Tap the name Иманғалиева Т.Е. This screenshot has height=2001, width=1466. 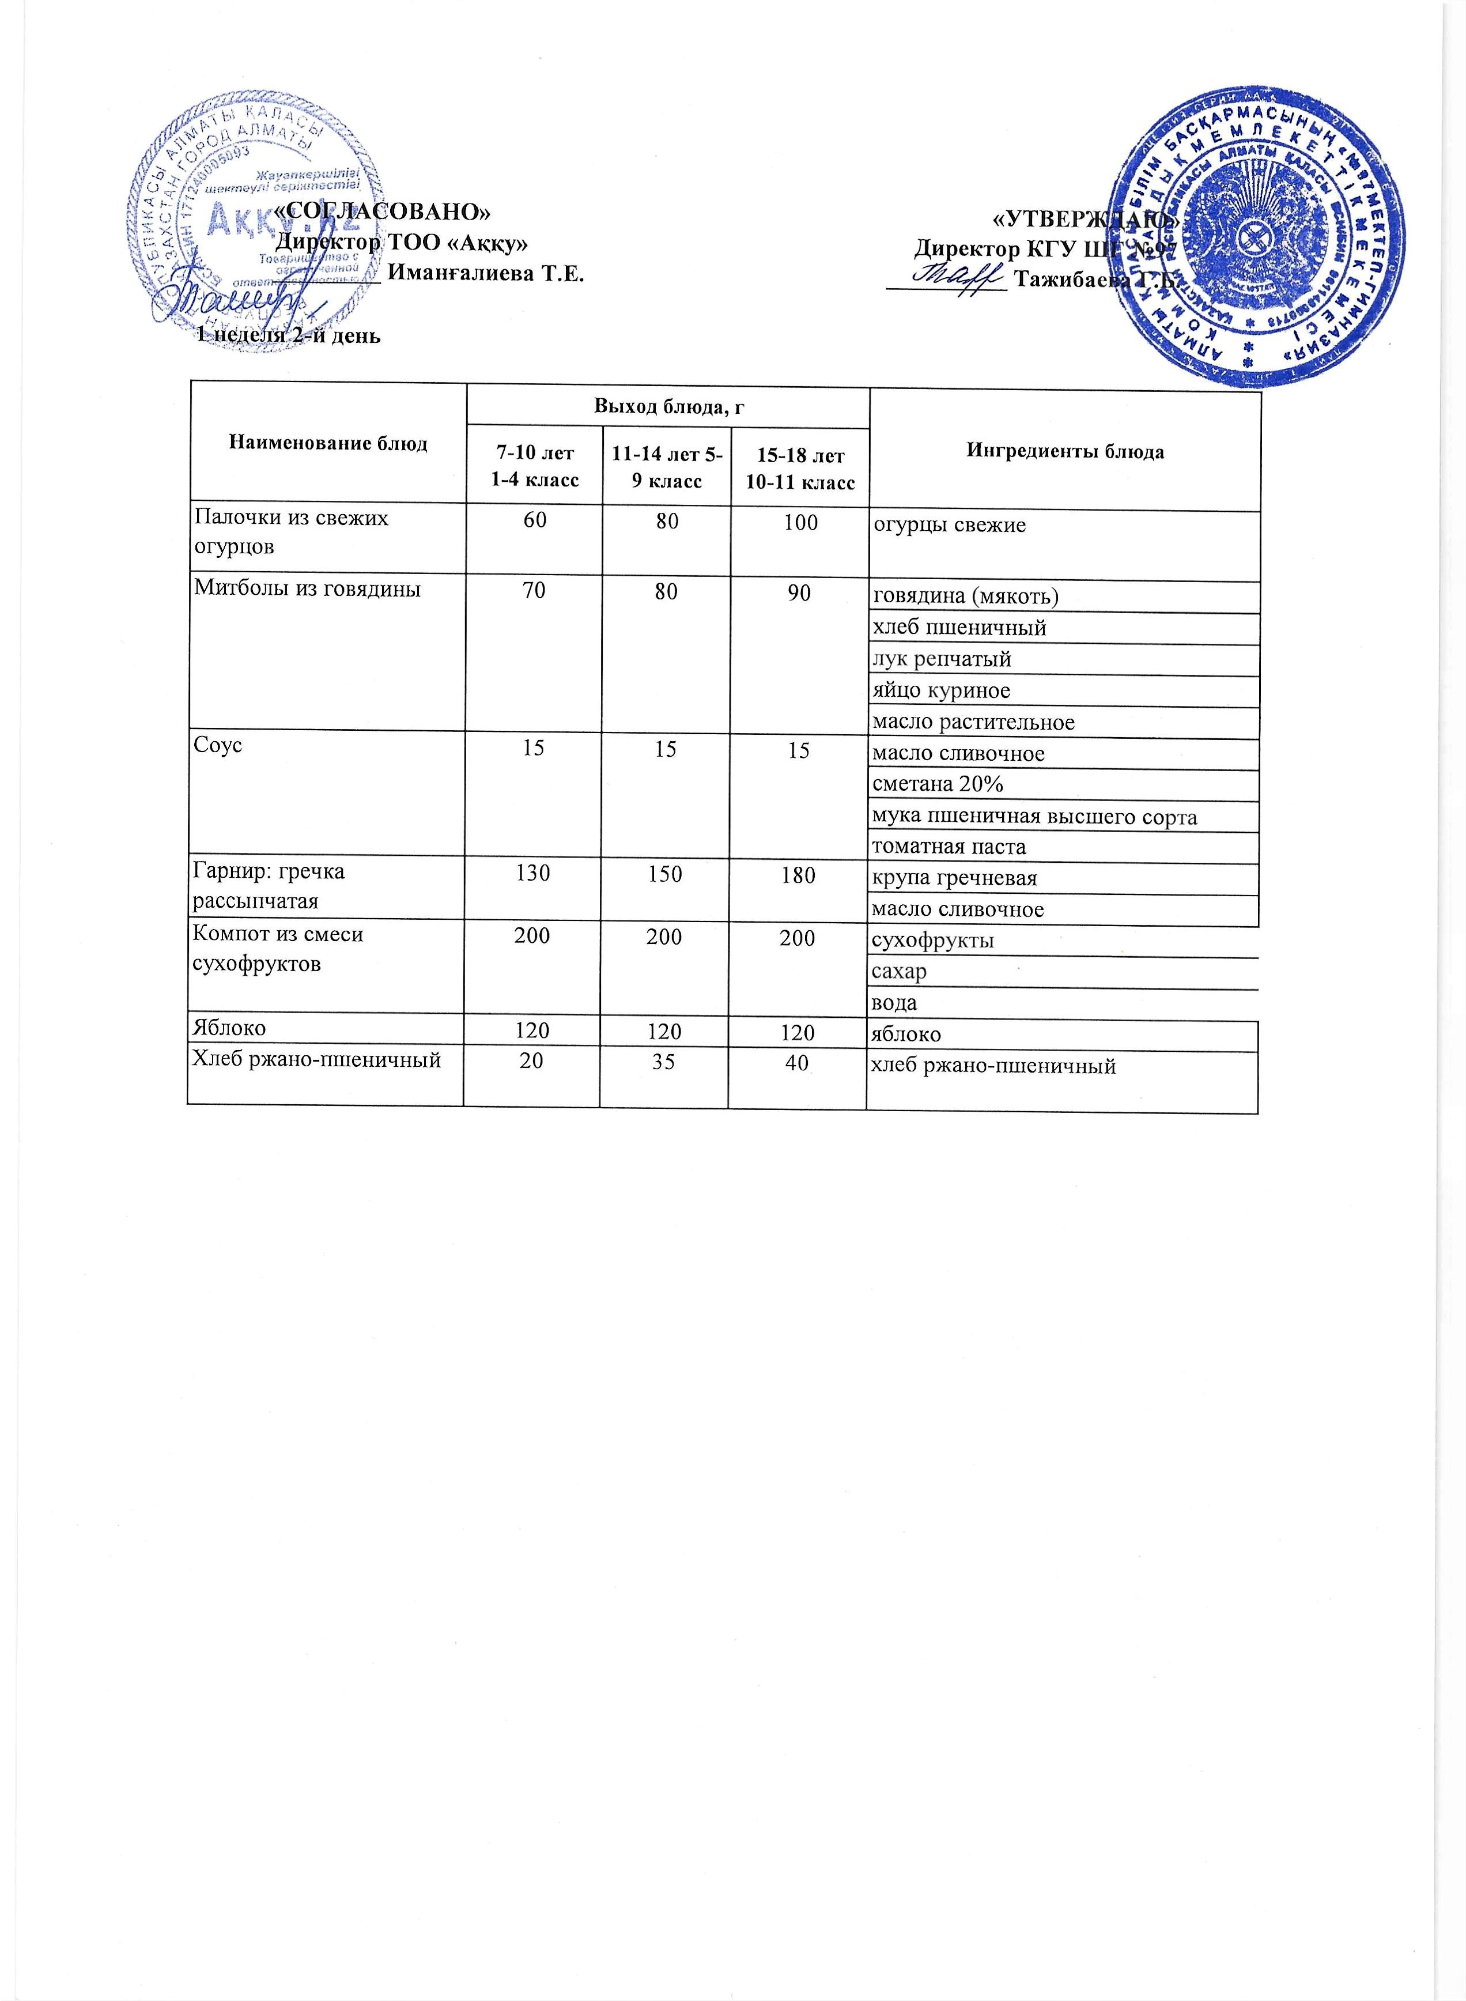pos(486,273)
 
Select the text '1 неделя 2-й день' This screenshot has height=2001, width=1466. pos(288,335)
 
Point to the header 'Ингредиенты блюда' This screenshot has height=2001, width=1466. pos(1065,452)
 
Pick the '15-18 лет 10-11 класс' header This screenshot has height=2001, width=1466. pos(799,469)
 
